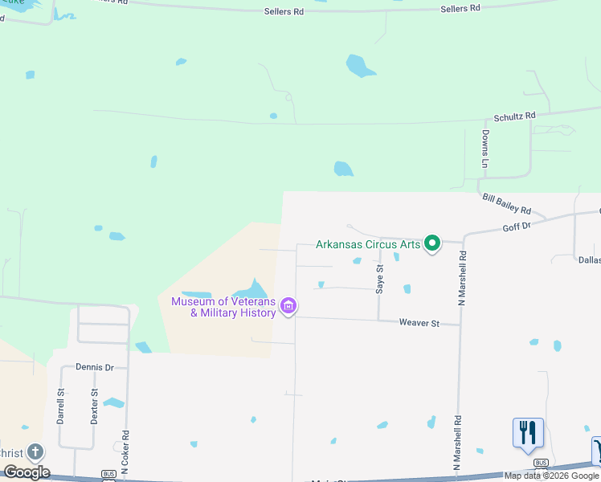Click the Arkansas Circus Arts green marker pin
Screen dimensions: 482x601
click(432, 243)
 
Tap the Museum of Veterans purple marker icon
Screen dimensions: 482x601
click(289, 306)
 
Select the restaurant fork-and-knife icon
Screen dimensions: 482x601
click(528, 432)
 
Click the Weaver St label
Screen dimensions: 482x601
click(419, 323)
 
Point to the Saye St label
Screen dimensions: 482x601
click(380, 279)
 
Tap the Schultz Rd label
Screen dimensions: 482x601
click(514, 116)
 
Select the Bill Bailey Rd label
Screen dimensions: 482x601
click(506, 203)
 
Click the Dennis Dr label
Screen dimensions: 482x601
click(96, 367)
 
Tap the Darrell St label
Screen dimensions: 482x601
click(60, 407)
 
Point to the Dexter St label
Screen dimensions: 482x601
click(94, 407)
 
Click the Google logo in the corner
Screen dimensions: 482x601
click(27, 472)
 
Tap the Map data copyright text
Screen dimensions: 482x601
click(552, 476)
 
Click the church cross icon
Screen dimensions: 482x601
click(35, 452)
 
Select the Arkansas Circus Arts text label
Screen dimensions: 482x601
click(368, 244)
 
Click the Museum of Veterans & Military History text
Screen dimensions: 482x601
click(223, 307)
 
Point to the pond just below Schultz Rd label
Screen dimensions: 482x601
click(343, 169)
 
